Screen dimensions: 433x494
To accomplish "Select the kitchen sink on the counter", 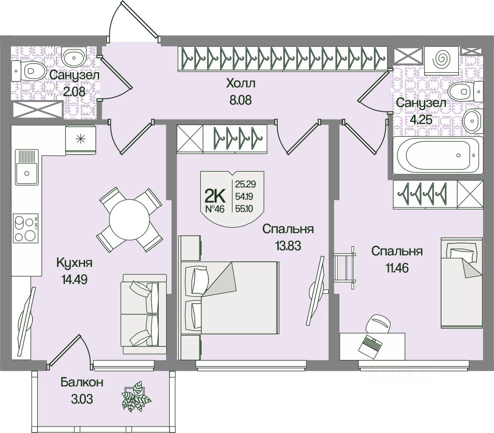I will tap(27, 168).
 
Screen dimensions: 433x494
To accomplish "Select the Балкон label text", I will tap(82, 382).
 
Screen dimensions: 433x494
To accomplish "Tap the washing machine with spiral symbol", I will tap(441, 58).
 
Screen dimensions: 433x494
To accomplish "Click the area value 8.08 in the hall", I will tap(239, 101).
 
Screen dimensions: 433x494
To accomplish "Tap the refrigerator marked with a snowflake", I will tap(80, 139).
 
